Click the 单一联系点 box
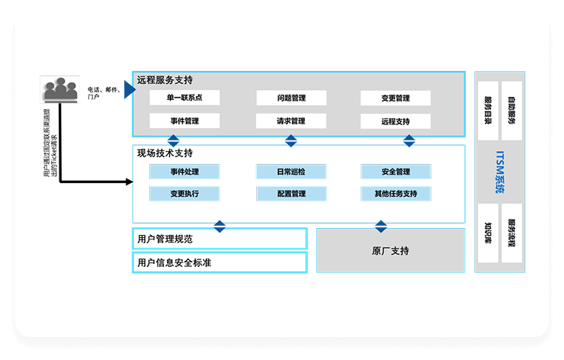[184, 98]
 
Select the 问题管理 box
[290, 98]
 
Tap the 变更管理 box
[396, 98]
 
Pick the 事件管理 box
[184, 121]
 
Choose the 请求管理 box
[290, 121]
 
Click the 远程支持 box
[396, 121]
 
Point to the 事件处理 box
[184, 172]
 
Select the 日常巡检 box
[290, 172]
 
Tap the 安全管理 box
[396, 172]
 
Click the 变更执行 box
[184, 194]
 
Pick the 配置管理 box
[290, 194]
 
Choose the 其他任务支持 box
[396, 194]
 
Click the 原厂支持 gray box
[390, 250]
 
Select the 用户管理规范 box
[220, 239]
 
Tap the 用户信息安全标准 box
[220, 263]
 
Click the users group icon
[60, 89]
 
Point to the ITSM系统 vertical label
[500, 172]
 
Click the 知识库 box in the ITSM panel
[489, 233]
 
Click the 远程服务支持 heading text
[165, 80]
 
